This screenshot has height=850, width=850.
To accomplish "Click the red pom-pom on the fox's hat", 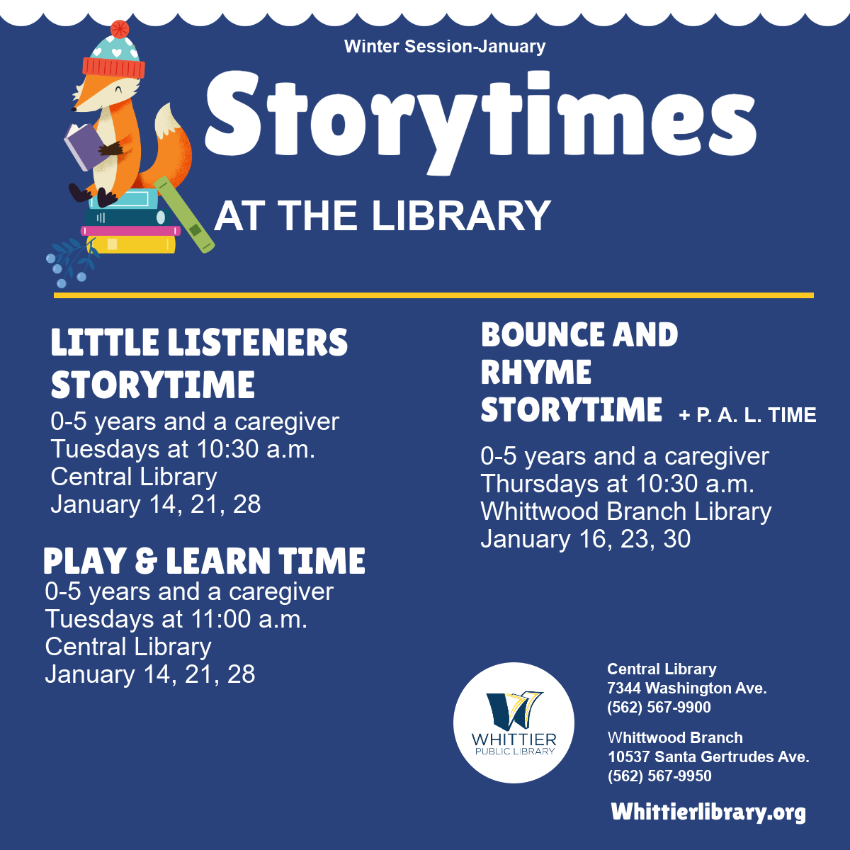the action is tap(120, 29).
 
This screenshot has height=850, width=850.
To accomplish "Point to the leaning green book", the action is tap(184, 215).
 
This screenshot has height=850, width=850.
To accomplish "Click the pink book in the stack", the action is tap(130, 231).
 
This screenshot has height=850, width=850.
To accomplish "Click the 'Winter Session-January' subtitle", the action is tap(445, 46).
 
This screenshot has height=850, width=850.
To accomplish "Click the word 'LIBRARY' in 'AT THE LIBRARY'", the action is tap(461, 215).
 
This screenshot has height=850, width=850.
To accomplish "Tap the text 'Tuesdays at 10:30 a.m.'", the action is tap(183, 449).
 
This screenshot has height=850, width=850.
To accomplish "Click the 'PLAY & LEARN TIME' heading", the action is tap(204, 560).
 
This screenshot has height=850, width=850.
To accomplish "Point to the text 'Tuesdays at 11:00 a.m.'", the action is tap(176, 618).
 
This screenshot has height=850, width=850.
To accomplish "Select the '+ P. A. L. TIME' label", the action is tap(748, 415).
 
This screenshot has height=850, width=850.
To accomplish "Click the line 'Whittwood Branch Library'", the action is tap(626, 511).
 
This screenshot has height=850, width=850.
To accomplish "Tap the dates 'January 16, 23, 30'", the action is tap(585, 539).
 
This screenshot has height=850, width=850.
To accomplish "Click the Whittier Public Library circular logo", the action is tap(514, 722).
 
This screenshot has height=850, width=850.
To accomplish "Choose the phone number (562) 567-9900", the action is tap(659, 707).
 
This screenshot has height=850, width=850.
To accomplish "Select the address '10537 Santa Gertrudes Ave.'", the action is tap(708, 756).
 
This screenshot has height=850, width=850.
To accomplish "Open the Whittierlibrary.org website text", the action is tap(708, 812).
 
